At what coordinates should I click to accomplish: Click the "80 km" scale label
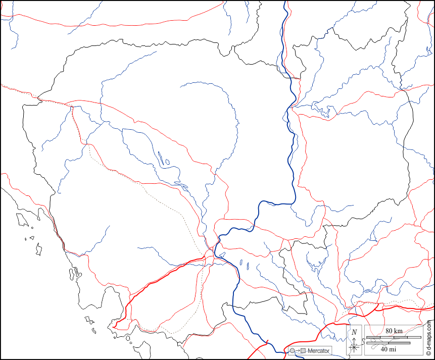[394, 331]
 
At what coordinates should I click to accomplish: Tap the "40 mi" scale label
[388, 349]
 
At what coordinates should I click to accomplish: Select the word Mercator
[318, 350]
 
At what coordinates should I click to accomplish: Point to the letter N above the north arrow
[354, 332]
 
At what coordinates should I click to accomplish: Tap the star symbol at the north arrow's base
[354, 347]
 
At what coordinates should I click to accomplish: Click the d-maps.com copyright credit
[429, 339]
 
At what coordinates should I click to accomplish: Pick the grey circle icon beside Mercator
[292, 350]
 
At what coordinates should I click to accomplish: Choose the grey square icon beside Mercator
[303, 350]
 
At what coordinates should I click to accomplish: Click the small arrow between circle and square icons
[297, 350]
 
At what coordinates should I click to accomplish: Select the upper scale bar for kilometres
[393, 337]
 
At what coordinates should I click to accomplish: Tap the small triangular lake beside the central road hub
[222, 254]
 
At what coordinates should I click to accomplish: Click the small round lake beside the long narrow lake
[167, 163]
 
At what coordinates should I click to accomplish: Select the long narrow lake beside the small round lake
[161, 158]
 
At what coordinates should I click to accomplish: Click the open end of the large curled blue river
[180, 87]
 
